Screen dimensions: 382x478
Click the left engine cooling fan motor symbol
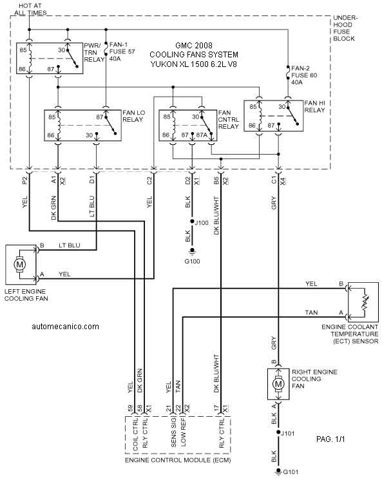point(19,264)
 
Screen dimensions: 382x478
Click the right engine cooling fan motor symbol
point(278,384)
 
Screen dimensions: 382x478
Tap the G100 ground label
point(193,262)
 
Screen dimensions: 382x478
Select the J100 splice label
point(202,222)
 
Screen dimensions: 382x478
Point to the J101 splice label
point(287,433)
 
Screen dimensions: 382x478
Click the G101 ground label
point(291,472)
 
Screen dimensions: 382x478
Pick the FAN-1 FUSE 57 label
point(122,52)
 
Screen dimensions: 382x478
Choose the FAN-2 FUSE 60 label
point(304,75)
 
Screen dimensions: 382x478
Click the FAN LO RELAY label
point(133,116)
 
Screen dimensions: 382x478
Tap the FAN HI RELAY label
point(314,106)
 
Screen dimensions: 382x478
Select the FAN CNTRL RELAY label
point(229,120)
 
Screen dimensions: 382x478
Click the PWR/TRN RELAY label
point(94,52)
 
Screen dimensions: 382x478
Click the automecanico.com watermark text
point(65,327)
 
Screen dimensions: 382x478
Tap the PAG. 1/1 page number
point(330,439)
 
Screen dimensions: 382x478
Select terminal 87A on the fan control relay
point(202,135)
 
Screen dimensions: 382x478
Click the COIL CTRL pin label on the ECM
point(136,434)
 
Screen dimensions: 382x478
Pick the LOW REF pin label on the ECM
point(183,432)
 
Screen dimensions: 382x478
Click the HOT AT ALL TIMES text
point(30,9)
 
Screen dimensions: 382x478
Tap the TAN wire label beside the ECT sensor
point(311,312)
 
